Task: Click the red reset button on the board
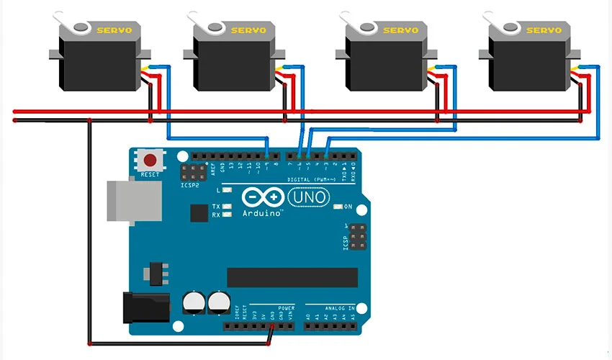click(x=150, y=160)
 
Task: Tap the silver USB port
click(x=122, y=200)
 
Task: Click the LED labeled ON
click(x=338, y=207)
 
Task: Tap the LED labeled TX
click(x=228, y=207)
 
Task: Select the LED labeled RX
click(x=228, y=215)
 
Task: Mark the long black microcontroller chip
click(x=292, y=277)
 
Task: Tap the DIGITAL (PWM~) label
click(x=312, y=179)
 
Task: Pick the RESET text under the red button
click(x=150, y=175)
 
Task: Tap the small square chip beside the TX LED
click(x=199, y=212)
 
